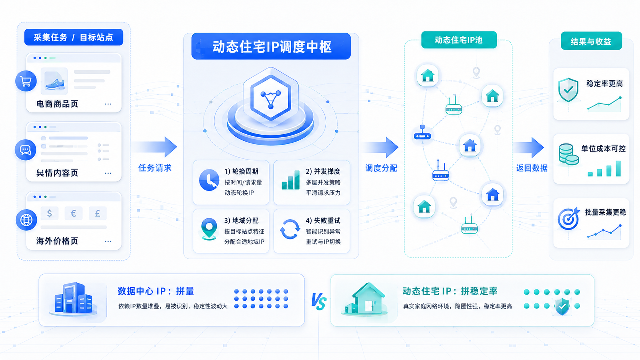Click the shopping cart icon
point(26,81)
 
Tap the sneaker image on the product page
point(54,81)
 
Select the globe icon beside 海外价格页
point(26,220)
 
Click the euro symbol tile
point(73,213)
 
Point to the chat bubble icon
point(25,150)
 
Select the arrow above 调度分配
point(381,147)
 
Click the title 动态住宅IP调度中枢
point(272,47)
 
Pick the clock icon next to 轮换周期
point(209,180)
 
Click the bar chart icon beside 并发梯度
point(291,180)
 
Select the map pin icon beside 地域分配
point(209,229)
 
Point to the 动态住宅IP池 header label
point(459,40)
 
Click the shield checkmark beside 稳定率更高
point(568,90)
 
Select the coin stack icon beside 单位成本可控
point(568,155)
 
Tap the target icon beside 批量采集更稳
point(568,218)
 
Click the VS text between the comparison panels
point(319,301)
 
